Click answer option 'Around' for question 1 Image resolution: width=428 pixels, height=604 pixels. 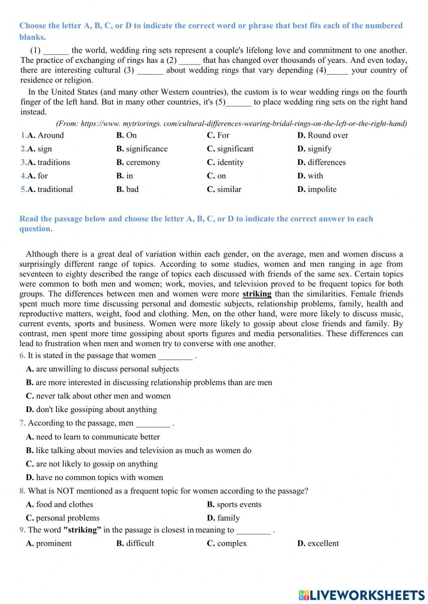(x=50, y=136)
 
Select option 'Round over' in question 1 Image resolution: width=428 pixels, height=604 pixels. (x=327, y=136)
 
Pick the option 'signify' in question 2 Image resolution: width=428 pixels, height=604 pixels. (x=319, y=149)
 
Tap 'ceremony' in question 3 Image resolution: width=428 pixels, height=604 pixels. (x=143, y=162)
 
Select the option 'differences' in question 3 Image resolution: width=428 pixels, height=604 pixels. (x=326, y=162)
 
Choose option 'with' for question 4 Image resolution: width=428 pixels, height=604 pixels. (x=315, y=176)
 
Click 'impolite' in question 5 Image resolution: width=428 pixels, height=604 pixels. (x=322, y=189)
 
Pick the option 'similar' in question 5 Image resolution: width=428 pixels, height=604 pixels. (x=229, y=189)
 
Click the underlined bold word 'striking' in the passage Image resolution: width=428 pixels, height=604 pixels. (x=257, y=294)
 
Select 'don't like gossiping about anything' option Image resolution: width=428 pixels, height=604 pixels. (x=96, y=410)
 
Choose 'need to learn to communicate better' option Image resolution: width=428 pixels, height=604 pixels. (x=98, y=437)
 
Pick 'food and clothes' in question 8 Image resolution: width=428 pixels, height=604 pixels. (x=64, y=504)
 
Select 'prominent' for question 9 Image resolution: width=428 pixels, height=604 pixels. (x=54, y=543)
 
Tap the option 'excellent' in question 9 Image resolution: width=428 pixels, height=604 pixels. (x=323, y=543)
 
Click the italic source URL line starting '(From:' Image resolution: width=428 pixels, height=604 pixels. (x=231, y=124)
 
